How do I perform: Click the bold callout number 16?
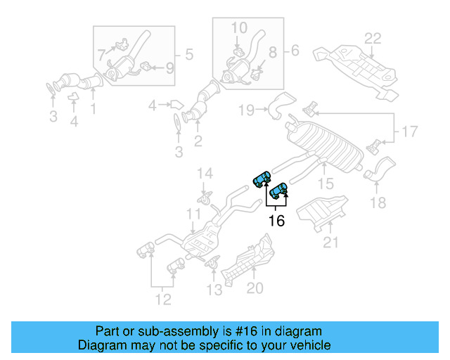click(277, 221)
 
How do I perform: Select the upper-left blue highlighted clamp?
click(262, 179)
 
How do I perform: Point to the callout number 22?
click(372, 39)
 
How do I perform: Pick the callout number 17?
click(409, 130)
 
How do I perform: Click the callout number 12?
click(162, 300)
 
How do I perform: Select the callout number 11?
click(193, 214)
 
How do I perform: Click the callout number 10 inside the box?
click(239, 28)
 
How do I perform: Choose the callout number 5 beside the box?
click(188, 53)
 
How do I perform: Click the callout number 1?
click(92, 108)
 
